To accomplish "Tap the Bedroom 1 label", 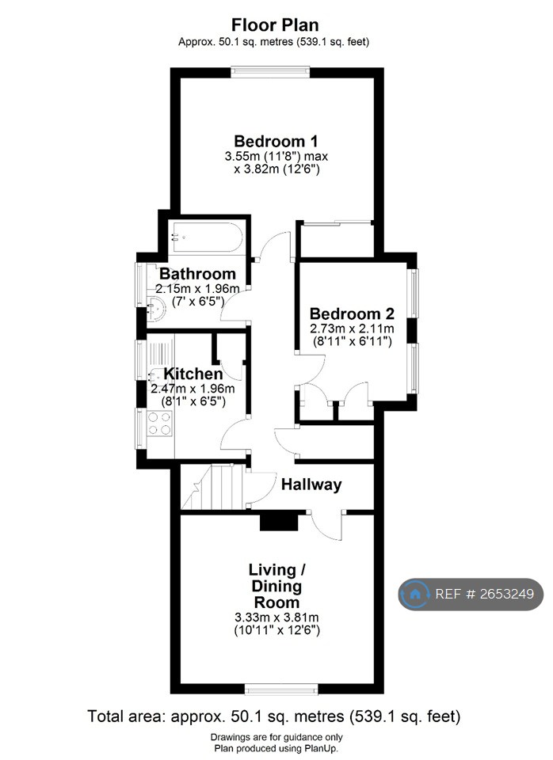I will click(276, 142).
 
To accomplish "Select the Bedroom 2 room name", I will click(352, 313).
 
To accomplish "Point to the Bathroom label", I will click(197, 274).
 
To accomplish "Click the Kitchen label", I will click(193, 374).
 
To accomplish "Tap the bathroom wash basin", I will click(157, 308).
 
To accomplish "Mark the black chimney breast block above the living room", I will click(280, 521).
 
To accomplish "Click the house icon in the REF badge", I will click(414, 593).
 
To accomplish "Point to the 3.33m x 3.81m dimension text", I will click(276, 617).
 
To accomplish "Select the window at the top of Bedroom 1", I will click(271, 71).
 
